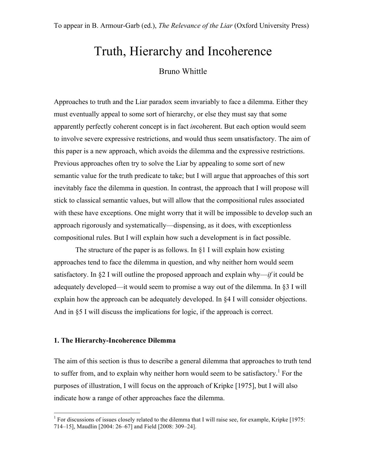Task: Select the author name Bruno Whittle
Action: click(x=183, y=71)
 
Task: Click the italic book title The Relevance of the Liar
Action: click(x=195, y=26)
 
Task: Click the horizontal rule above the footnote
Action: click(x=97, y=413)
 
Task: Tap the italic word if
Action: click(x=270, y=275)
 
